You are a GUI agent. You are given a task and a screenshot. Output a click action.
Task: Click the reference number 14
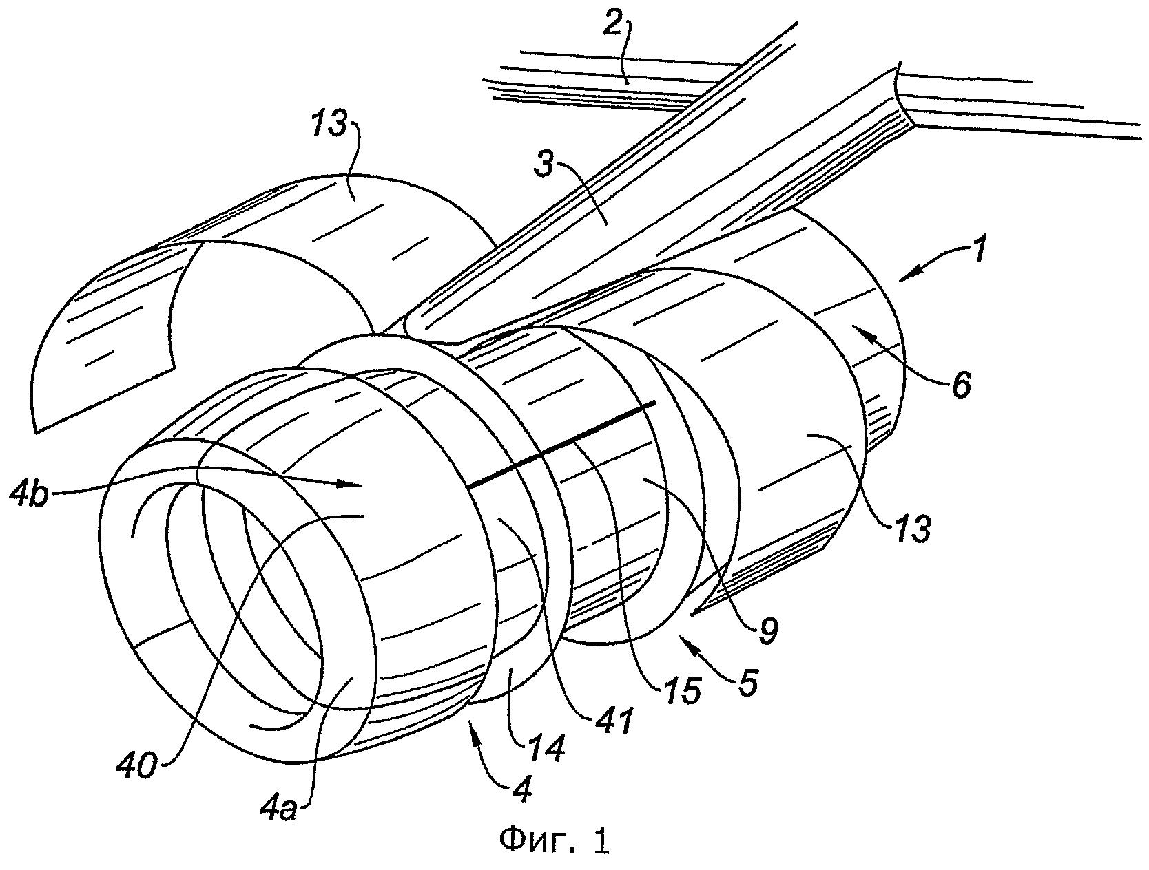click(548, 747)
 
